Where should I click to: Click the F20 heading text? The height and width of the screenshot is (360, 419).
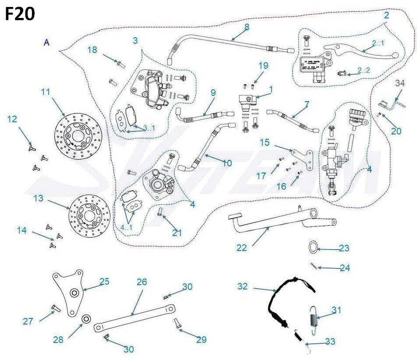click(x=20, y=15)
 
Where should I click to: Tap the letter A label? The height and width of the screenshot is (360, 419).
click(x=47, y=42)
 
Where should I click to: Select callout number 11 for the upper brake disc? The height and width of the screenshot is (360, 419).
click(x=46, y=92)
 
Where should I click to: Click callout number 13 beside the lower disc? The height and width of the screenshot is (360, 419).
click(x=39, y=198)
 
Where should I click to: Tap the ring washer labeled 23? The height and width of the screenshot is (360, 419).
click(x=312, y=247)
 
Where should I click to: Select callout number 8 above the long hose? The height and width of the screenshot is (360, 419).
click(x=247, y=27)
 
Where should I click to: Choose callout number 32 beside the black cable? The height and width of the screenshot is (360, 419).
click(x=243, y=286)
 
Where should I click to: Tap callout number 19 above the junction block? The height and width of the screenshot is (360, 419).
click(x=263, y=66)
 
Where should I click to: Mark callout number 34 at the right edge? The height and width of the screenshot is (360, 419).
click(x=400, y=83)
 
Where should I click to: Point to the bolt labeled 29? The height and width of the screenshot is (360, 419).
click(x=178, y=324)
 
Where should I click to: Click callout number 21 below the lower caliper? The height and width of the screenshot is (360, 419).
click(x=177, y=233)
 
